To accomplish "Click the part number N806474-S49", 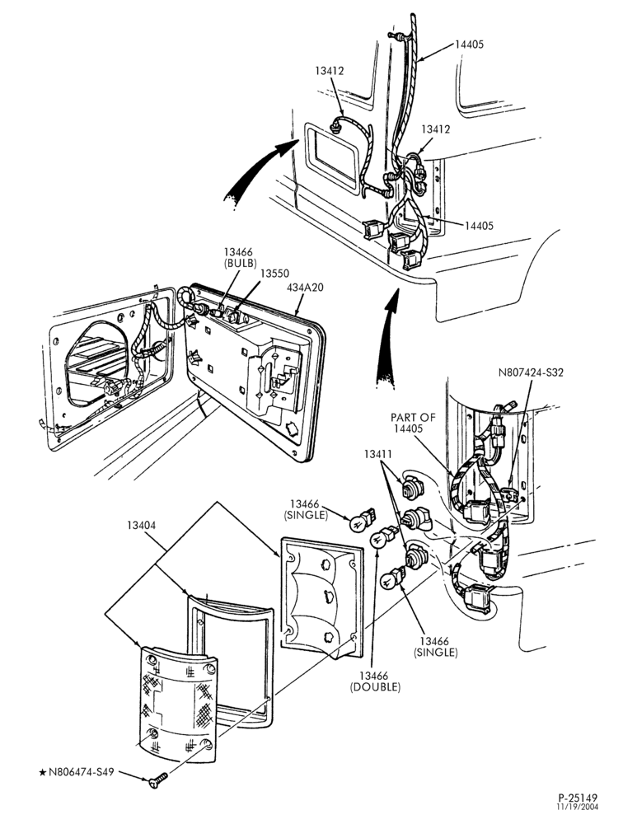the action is click(82, 773).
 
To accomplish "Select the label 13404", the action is click(141, 525).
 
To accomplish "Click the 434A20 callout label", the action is click(306, 288).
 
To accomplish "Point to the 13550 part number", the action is click(275, 274).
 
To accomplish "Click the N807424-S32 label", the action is click(531, 372).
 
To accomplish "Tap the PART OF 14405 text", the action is click(413, 423).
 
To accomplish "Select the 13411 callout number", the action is click(378, 453).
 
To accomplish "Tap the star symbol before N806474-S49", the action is click(43, 773).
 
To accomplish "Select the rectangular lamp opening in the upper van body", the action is click(331, 157).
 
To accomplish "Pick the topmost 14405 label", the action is click(469, 44).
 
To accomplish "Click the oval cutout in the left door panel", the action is click(96, 366).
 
